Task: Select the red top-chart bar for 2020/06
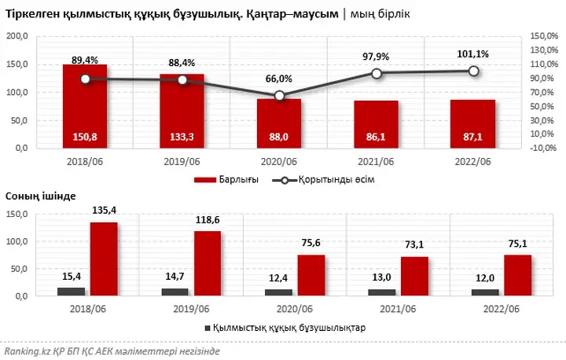[278, 123]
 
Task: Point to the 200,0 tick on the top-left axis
[17, 36]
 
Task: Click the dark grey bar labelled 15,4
[71, 291]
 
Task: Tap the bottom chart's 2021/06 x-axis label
[398, 309]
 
